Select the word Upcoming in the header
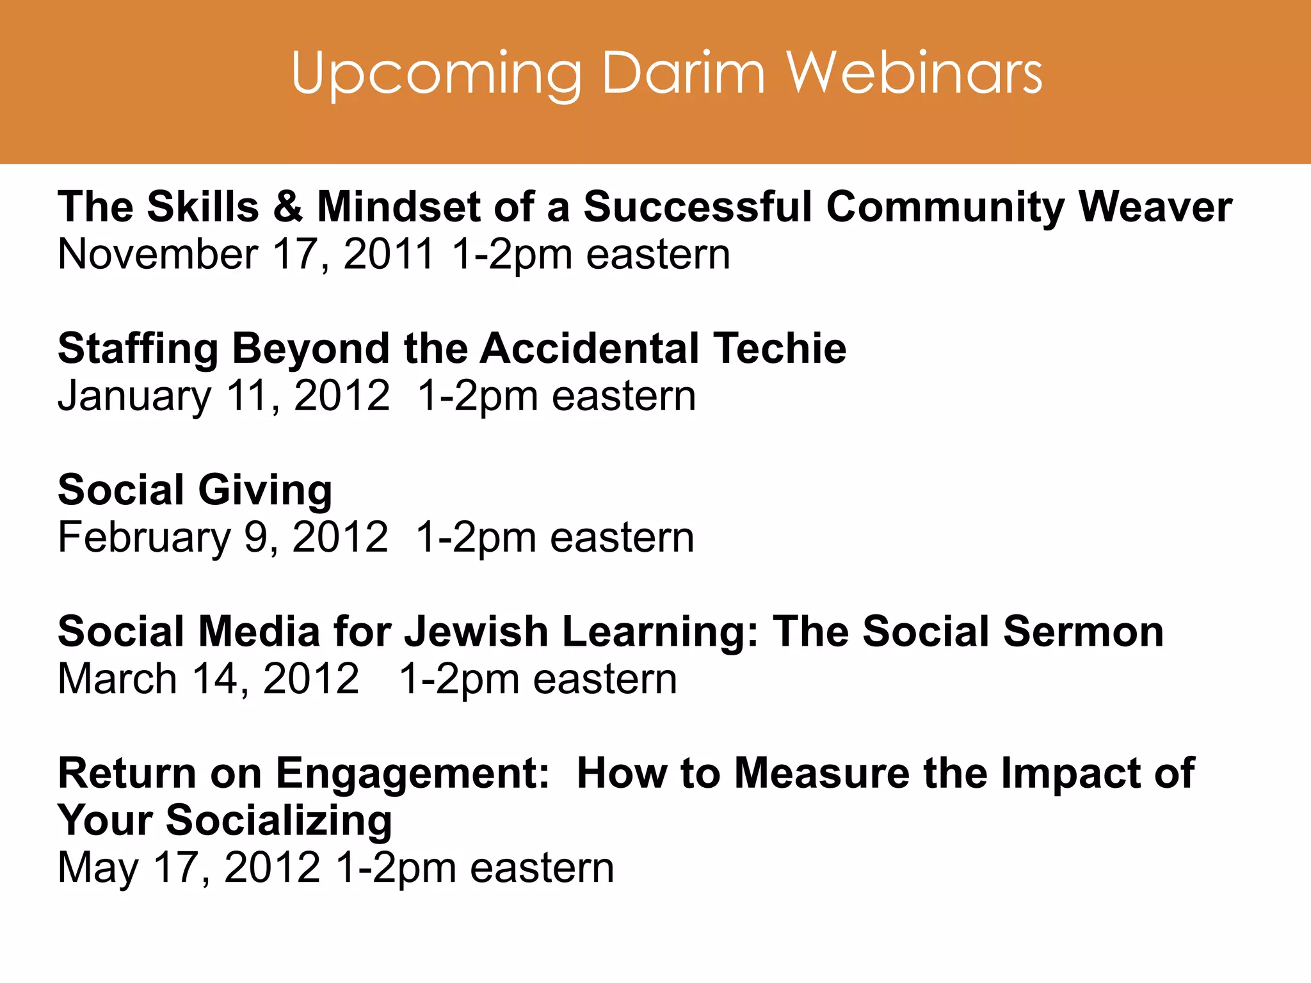click(x=436, y=76)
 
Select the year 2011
click(x=389, y=255)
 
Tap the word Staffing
click(x=138, y=350)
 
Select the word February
click(x=144, y=538)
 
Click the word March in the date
click(x=117, y=679)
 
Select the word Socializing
click(x=279, y=822)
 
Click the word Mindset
click(x=398, y=207)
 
